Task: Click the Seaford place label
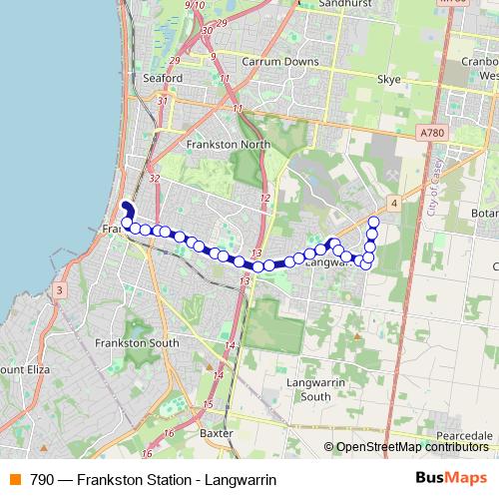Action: pyautogui.click(x=163, y=77)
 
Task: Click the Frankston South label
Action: pyautogui.click(x=137, y=343)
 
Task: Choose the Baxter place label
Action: pyautogui.click(x=215, y=434)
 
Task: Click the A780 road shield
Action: pyautogui.click(x=432, y=132)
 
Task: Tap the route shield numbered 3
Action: pyautogui.click(x=59, y=290)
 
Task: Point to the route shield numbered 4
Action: pyautogui.click(x=395, y=204)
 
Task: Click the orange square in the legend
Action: pyautogui.click(x=14, y=479)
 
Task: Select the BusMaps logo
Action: pyautogui.click(x=451, y=479)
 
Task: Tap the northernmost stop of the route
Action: pyautogui.click(x=374, y=222)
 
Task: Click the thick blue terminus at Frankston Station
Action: pyautogui.click(x=127, y=192)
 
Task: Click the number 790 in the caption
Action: pyautogui.click(x=42, y=479)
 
